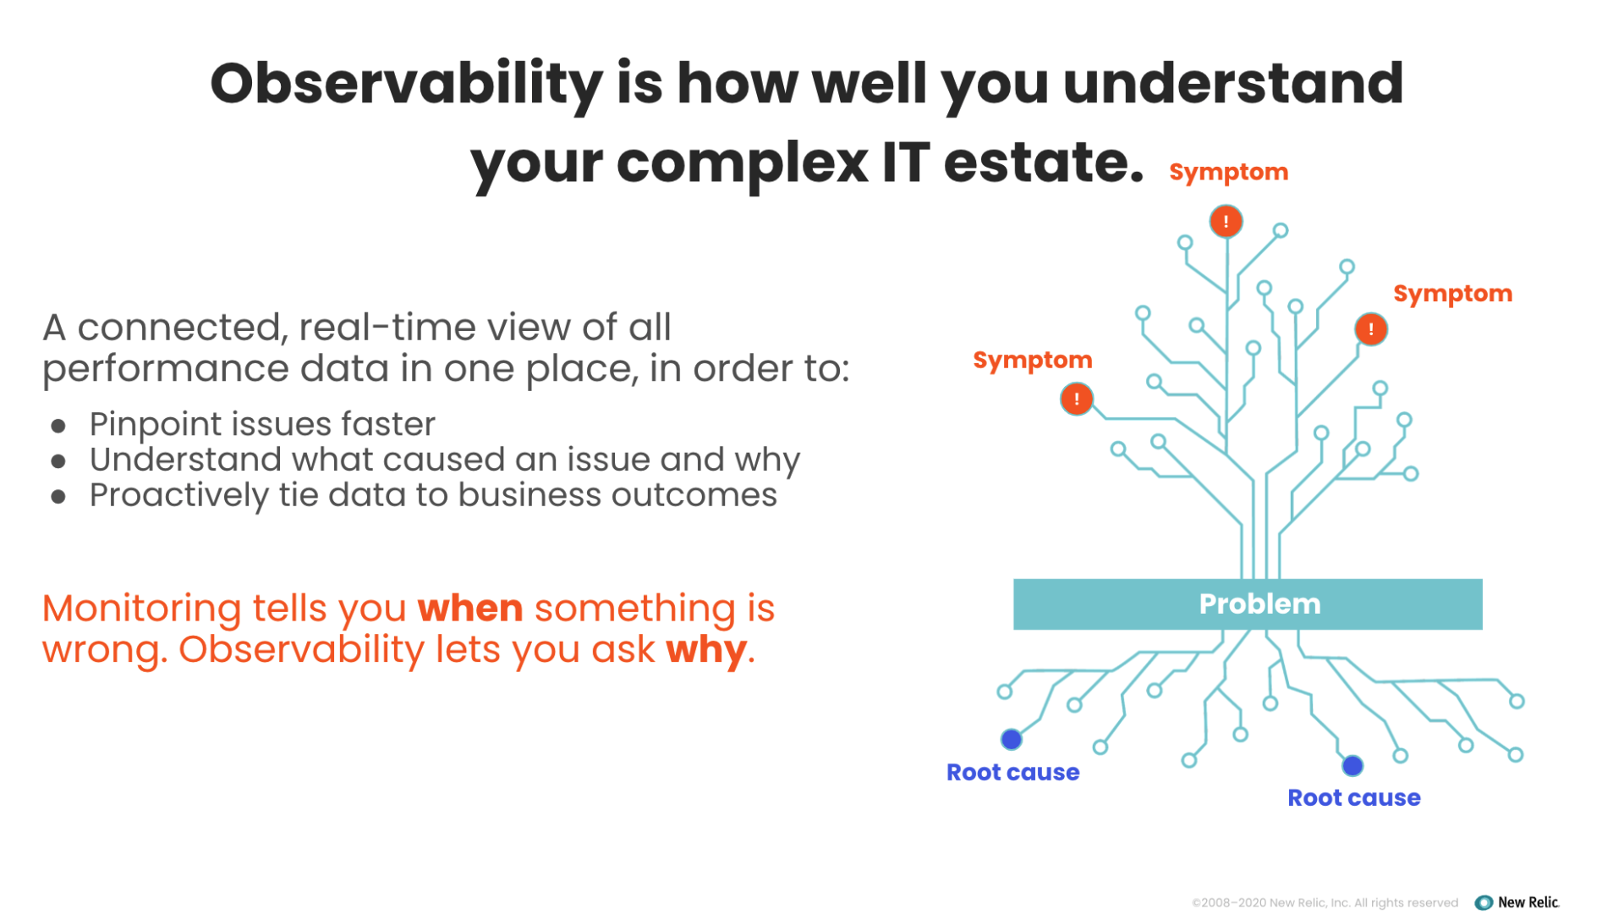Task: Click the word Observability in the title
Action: point(406,85)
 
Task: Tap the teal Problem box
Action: point(1248,604)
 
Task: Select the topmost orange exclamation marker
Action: point(1226,222)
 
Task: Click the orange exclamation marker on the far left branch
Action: point(1077,399)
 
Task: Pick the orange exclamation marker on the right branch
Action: point(1370,329)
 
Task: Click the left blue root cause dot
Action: point(1012,740)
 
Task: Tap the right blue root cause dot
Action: point(1352,766)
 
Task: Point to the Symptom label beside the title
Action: point(1228,173)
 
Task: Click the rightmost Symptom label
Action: point(1452,294)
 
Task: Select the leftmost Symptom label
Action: point(1032,361)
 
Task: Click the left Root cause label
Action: point(1012,773)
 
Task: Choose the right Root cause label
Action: point(1353,798)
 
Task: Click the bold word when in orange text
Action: point(470,609)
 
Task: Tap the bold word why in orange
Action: point(706,650)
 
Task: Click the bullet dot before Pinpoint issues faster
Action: point(58,426)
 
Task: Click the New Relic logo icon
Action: point(1484,902)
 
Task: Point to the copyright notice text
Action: point(1325,903)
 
